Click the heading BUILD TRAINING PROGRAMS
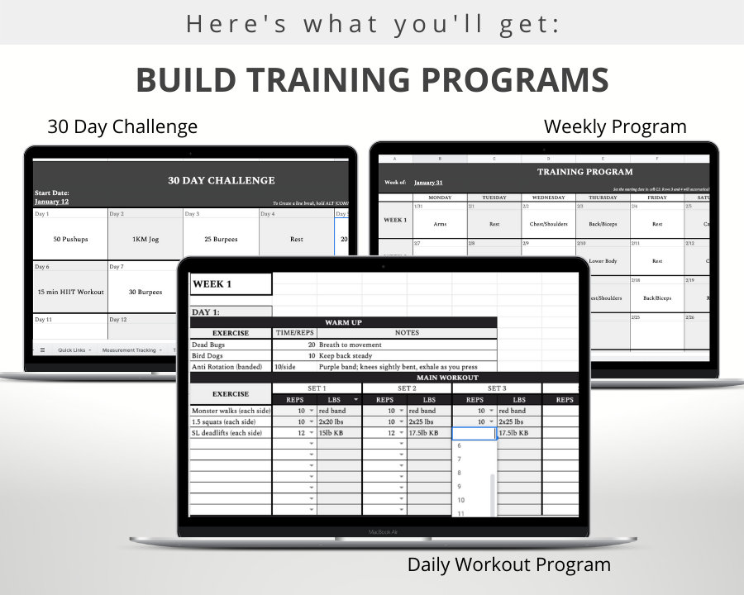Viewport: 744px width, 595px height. (x=372, y=80)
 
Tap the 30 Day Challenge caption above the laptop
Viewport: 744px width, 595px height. (x=122, y=126)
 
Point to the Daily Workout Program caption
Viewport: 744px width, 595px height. (x=508, y=564)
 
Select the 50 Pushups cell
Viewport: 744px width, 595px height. (x=69, y=239)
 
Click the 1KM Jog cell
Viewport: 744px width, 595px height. (x=145, y=239)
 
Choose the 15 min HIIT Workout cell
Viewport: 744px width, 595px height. (x=70, y=292)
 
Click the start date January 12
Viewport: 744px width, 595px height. (x=51, y=201)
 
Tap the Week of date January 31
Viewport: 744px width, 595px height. (x=428, y=182)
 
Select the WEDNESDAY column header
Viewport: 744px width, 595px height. (x=548, y=198)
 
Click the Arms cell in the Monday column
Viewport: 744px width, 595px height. (x=439, y=223)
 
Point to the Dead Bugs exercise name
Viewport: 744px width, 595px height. (x=208, y=345)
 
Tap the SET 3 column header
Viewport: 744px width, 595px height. (x=496, y=388)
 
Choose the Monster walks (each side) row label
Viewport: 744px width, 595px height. (x=229, y=411)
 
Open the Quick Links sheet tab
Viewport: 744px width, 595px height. (x=71, y=350)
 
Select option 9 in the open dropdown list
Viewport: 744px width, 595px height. (x=460, y=486)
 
